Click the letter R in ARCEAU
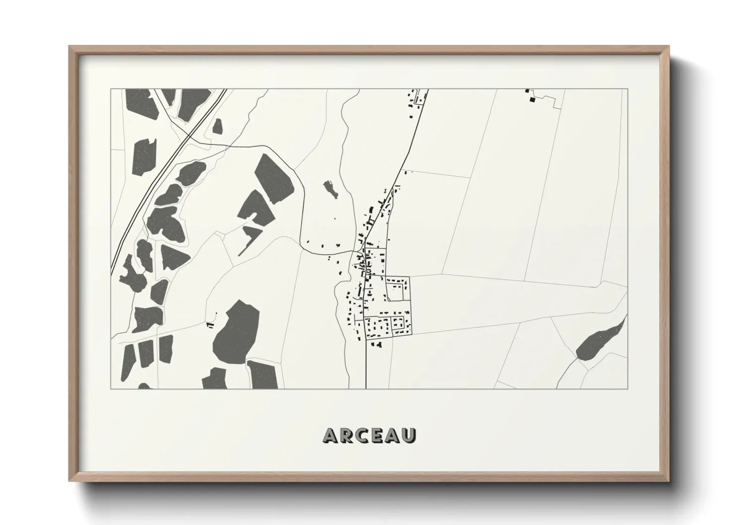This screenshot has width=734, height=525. [x=347, y=435]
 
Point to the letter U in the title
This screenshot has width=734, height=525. [x=409, y=435]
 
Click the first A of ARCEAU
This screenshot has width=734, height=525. [x=331, y=435]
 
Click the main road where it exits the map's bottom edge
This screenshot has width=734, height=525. [x=366, y=388]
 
